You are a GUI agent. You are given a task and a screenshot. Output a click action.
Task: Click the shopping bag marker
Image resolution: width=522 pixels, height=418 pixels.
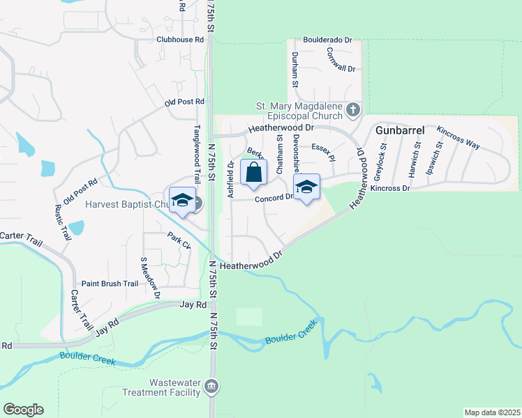coord(253,172)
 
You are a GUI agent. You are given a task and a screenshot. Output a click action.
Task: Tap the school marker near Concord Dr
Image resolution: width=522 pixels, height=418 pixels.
coord(306,187)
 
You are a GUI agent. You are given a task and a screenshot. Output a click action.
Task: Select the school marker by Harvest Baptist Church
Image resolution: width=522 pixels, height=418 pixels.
coord(182,201)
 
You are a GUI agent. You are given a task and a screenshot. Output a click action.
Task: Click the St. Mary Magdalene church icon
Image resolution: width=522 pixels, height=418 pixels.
coord(353,110)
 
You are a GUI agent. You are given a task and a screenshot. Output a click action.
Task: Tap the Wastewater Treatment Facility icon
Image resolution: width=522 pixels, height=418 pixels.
coord(212,386)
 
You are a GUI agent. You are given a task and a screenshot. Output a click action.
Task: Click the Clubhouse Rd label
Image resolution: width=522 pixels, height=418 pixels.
coord(180,40)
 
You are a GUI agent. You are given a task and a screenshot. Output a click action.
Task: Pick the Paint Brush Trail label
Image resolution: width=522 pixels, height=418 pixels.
coord(110,284)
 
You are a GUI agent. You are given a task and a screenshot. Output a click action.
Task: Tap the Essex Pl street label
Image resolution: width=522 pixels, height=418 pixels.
coord(324,151)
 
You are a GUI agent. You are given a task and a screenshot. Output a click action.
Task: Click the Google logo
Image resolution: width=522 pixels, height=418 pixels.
coord(23,410)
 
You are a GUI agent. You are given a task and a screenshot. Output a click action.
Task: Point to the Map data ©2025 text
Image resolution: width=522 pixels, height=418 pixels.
coord(492,412)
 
